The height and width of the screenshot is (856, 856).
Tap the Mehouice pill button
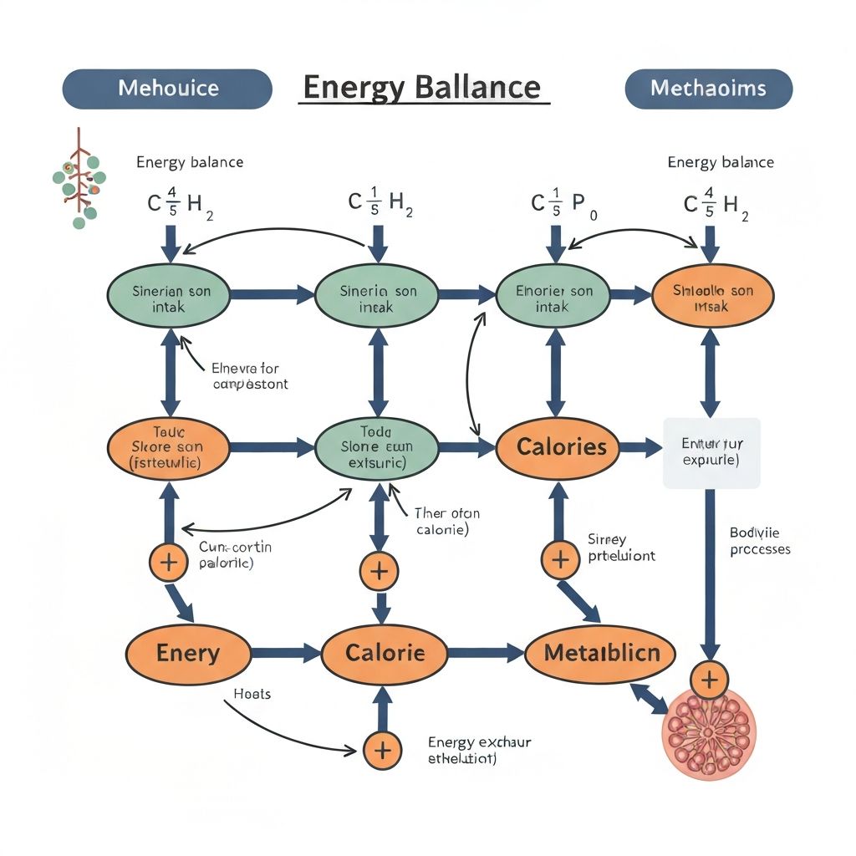coord(167,89)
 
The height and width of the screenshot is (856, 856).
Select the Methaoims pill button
coord(708,89)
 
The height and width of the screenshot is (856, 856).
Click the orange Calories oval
coord(561,446)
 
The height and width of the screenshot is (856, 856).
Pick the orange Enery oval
coord(188,653)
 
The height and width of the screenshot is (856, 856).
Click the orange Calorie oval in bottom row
coord(385,653)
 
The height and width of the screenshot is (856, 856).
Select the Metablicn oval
coord(602,653)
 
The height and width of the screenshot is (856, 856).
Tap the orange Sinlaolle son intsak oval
coord(712,298)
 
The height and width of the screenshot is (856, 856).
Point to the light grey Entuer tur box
coord(711,452)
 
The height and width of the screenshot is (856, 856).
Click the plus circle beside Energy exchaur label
coord(381,750)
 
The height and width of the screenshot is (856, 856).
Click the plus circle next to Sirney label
coord(559,558)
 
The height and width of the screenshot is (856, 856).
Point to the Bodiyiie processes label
coord(759,540)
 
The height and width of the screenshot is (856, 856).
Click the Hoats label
coord(252,694)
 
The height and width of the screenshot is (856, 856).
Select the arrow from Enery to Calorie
coord(287,653)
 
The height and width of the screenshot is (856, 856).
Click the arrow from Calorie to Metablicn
coord(487,653)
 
